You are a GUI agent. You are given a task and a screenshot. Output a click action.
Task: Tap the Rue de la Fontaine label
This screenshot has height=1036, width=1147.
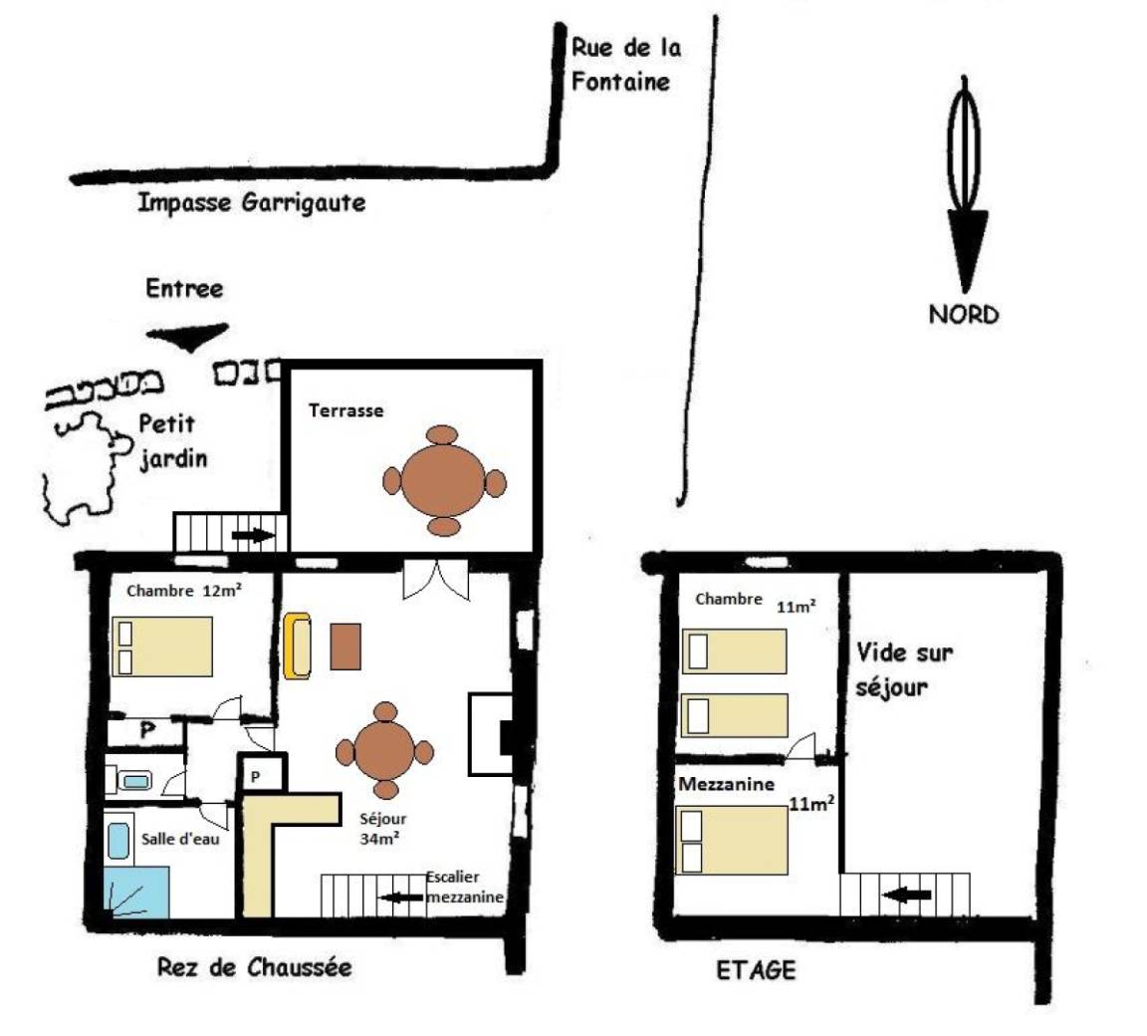pyautogui.click(x=626, y=65)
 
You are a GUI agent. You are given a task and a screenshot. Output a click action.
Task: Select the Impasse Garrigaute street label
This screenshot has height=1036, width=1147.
pyautogui.click(x=252, y=202)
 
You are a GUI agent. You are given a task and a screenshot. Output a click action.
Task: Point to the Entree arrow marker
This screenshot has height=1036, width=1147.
pyautogui.click(x=188, y=336)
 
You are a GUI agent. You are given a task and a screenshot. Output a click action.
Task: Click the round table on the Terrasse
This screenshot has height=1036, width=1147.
pyautogui.click(x=443, y=481)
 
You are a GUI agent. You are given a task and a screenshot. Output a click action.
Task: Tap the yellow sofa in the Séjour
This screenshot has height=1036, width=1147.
pyautogui.click(x=298, y=647)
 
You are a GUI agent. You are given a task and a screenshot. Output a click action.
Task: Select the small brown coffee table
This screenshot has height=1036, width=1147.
pyautogui.click(x=345, y=647)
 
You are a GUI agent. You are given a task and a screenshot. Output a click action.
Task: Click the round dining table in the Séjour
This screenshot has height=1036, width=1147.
pyautogui.click(x=384, y=751)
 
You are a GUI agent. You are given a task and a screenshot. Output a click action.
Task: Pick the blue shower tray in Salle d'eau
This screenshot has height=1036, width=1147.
pyautogui.click(x=136, y=892)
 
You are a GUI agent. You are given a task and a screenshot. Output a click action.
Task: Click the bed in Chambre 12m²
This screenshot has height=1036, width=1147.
pyautogui.click(x=162, y=647)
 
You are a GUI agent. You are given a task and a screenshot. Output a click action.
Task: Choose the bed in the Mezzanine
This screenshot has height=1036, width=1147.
pyautogui.click(x=732, y=840)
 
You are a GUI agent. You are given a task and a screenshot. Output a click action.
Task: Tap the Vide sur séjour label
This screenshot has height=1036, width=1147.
pyautogui.click(x=904, y=669)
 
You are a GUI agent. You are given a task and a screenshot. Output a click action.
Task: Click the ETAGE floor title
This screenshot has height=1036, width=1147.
pyautogui.click(x=756, y=970)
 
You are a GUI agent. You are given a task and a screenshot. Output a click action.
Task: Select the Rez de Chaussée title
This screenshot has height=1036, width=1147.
pyautogui.click(x=255, y=967)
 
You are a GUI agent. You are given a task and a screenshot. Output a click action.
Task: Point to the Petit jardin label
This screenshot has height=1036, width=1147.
pyautogui.click(x=173, y=441)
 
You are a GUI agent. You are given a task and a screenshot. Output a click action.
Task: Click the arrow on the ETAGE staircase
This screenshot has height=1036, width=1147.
pyautogui.click(x=907, y=895)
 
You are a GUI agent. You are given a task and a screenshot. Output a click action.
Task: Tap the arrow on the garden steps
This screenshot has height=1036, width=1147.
pyautogui.click(x=254, y=536)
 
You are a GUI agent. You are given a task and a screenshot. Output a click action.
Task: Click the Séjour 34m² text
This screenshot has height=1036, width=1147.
pyautogui.click(x=382, y=828)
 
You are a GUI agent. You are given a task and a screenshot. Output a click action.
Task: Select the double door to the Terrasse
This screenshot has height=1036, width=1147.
pyautogui.click(x=436, y=580)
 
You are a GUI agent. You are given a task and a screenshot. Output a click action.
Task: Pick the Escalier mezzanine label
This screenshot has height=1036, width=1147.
pyautogui.click(x=465, y=887)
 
